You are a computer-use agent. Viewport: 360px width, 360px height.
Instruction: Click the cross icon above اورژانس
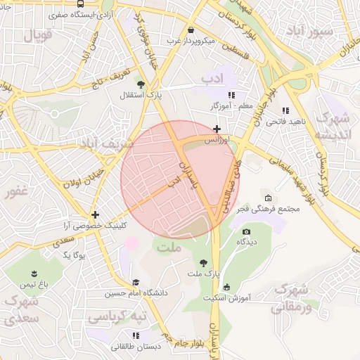click(217, 129)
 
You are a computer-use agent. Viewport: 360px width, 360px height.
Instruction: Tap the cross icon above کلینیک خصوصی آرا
click(95, 214)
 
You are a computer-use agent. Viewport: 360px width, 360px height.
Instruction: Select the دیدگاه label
click(245, 242)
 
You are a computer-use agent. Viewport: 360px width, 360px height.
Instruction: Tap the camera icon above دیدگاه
click(245, 231)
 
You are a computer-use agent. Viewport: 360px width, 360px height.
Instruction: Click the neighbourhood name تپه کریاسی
click(117, 317)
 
